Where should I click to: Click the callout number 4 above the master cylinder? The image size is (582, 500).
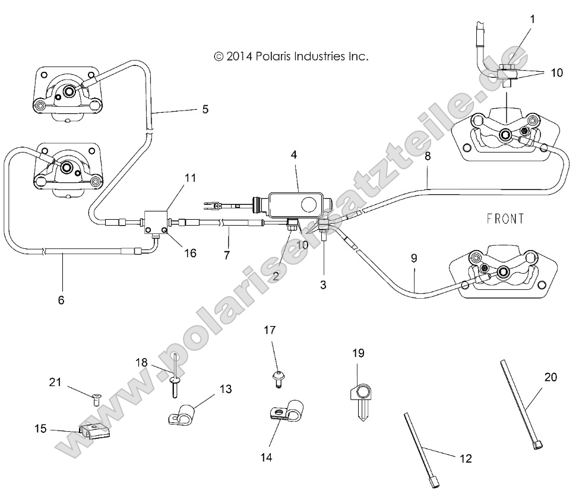(295, 154)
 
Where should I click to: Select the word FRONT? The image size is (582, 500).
(505, 219)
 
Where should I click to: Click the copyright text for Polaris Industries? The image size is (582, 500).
(291, 56)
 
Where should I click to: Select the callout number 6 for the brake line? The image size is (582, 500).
(61, 300)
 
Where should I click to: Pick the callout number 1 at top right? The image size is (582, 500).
(532, 19)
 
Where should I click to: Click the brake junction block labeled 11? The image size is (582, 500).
(157, 223)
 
